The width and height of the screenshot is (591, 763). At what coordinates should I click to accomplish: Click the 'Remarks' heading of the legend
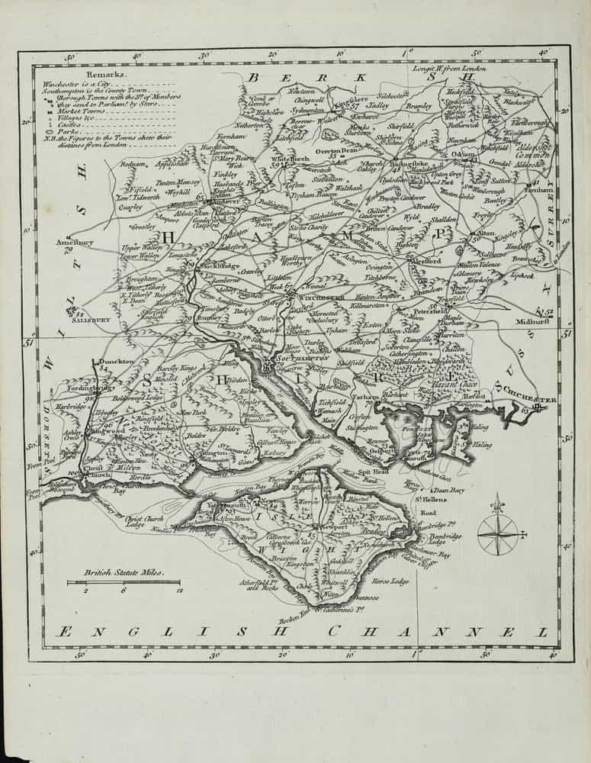[x=103, y=76]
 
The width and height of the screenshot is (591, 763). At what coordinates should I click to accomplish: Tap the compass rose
[x=498, y=532]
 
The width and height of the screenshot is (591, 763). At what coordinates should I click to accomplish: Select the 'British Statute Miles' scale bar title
[x=121, y=571]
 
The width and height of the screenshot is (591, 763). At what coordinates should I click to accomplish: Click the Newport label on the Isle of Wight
[x=334, y=526]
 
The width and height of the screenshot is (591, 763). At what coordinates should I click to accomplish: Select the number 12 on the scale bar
[x=178, y=590]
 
